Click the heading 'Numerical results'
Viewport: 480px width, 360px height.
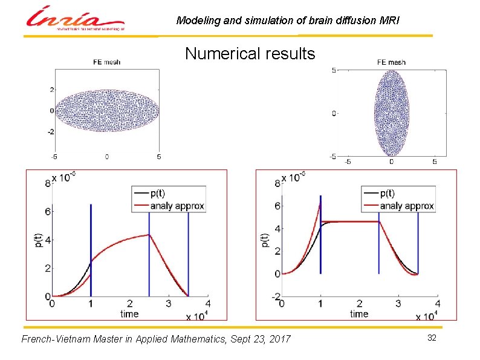(250, 54)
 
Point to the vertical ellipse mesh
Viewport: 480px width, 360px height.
(391, 113)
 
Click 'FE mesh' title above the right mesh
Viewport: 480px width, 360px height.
(391, 62)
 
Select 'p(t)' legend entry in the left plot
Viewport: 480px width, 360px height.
(158, 194)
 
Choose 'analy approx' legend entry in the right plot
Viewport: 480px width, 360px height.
(407, 206)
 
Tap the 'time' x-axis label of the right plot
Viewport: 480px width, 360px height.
(358, 313)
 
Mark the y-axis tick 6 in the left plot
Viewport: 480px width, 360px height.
(47, 211)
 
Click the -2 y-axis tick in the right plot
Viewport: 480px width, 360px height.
(275, 296)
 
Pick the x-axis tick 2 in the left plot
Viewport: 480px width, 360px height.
(130, 304)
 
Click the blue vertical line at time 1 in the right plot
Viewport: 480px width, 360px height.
(320, 236)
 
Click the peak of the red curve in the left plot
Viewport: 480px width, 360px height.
(149, 235)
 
